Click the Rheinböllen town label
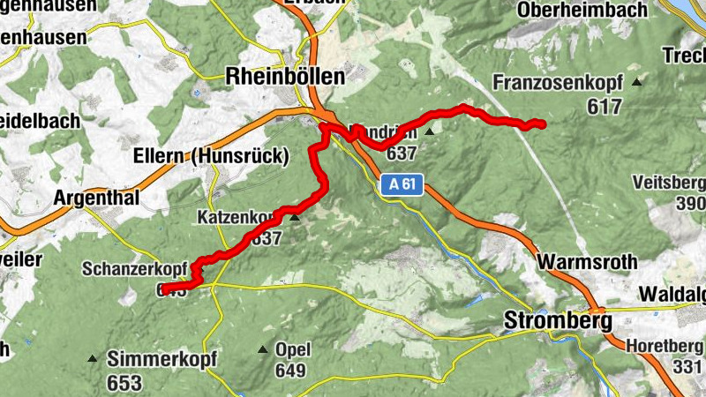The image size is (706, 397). click(285, 76)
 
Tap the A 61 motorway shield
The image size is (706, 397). click(403, 185)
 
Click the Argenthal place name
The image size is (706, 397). click(97, 198)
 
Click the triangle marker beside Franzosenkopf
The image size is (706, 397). click(636, 82)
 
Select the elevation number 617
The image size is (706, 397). click(605, 105)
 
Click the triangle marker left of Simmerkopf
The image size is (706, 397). click(93, 359)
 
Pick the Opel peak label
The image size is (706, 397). click(292, 350)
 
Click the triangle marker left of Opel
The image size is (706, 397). click(262, 350)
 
